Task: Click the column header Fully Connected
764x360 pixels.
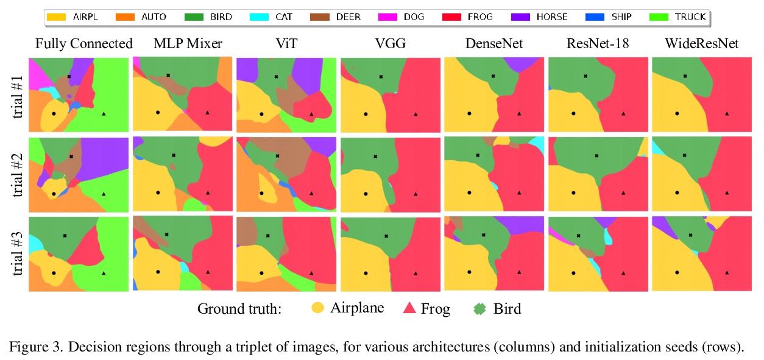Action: point(84,44)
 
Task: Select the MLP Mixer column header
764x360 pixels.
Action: point(180,44)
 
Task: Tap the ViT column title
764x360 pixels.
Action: point(286,44)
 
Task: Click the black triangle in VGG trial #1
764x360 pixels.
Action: point(416,114)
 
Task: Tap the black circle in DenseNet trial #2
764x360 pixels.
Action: point(469,192)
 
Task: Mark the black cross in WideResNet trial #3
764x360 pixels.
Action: point(690,235)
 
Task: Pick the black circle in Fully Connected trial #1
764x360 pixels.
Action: point(54,114)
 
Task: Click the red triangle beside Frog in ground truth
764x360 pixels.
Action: point(409,308)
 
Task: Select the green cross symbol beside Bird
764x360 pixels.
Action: point(480,309)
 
